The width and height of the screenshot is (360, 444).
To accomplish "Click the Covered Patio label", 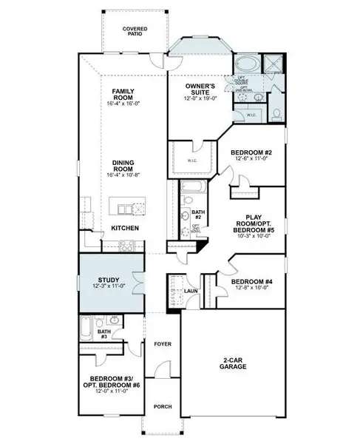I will [135, 31].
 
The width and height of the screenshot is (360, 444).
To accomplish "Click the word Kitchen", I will [125, 228].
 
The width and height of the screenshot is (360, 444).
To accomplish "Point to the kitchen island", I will [124, 204].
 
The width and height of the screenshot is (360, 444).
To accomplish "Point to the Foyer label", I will [162, 344].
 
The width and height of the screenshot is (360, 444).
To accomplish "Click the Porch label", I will [162, 406].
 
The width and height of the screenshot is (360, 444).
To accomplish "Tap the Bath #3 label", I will [104, 334].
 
